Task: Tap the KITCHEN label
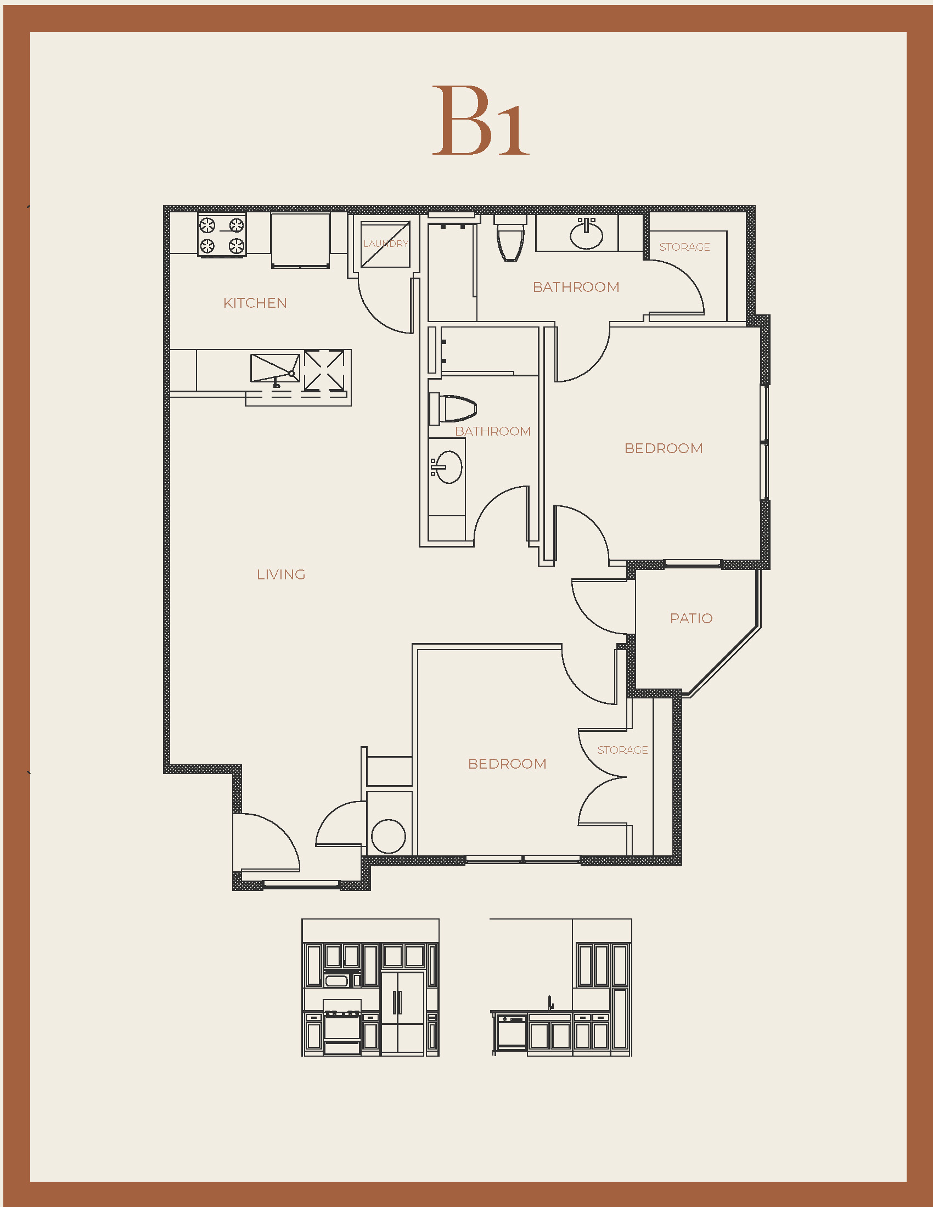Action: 255,303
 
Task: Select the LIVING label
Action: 281,575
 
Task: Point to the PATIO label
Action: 691,618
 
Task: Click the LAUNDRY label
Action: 386,244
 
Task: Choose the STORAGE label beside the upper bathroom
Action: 684,247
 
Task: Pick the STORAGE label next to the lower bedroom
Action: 622,750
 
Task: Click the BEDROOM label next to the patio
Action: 664,448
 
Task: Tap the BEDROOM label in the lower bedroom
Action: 507,764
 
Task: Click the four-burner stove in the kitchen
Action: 222,235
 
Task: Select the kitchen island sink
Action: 276,369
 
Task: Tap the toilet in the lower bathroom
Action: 453,409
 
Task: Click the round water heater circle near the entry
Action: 389,836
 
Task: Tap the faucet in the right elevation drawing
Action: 550,1003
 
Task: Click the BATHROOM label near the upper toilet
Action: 576,287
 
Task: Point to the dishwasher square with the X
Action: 324,370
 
